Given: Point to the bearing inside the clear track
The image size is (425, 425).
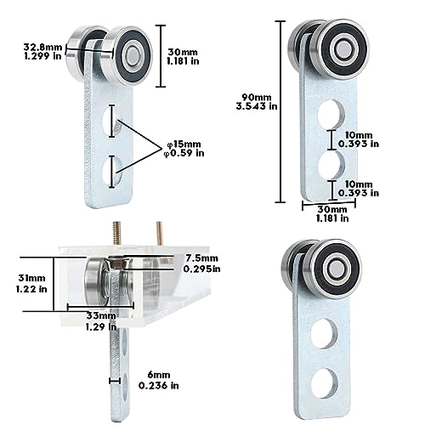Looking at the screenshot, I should point(100,280).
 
